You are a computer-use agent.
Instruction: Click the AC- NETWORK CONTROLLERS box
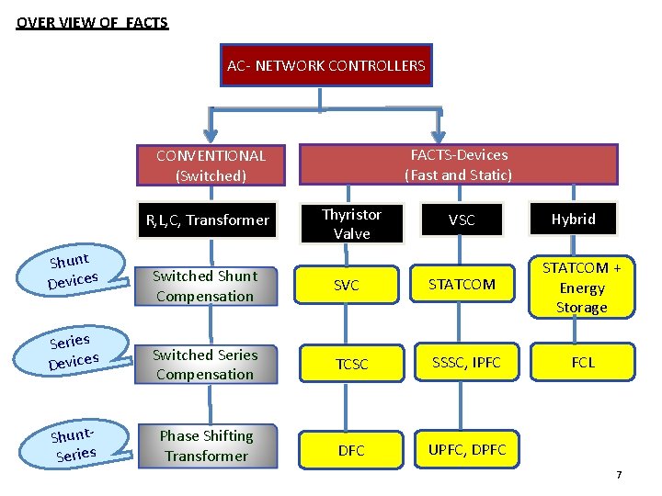pyautogui.click(x=325, y=65)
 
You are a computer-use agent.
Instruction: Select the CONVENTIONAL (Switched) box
pyautogui.click(x=211, y=165)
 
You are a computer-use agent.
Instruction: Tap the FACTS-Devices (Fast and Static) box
pyautogui.click(x=458, y=164)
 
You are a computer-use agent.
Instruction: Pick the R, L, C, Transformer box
pyautogui.click(x=207, y=220)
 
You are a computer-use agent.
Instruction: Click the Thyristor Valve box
pyautogui.click(x=351, y=224)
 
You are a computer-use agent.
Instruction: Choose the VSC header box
pyautogui.click(x=462, y=220)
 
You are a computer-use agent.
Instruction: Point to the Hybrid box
pyautogui.click(x=573, y=219)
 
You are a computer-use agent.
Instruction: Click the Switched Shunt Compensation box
pyautogui.click(x=204, y=286)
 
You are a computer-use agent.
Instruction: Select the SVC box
pyautogui.click(x=347, y=286)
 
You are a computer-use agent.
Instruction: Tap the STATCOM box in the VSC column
pyautogui.click(x=461, y=285)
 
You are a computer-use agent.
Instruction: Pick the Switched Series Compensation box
pyautogui.click(x=204, y=365)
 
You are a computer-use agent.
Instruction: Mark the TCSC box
pyautogui.click(x=351, y=365)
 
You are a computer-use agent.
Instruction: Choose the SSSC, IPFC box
pyautogui.click(x=468, y=363)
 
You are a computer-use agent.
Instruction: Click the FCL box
pyautogui.click(x=582, y=363)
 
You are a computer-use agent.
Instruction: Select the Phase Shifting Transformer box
pyautogui.click(x=206, y=445)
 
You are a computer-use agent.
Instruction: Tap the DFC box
pyautogui.click(x=351, y=450)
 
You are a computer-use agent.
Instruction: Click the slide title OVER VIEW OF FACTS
pyautogui.click(x=92, y=22)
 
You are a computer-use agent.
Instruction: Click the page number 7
pyautogui.click(x=619, y=475)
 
